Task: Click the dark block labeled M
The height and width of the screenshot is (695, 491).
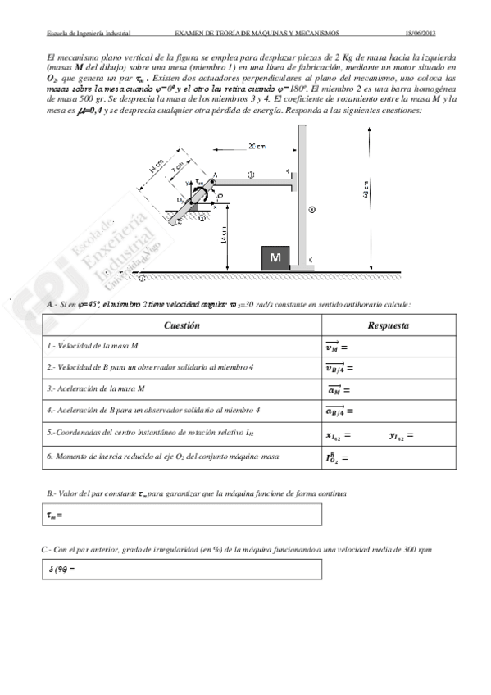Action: pos(275,257)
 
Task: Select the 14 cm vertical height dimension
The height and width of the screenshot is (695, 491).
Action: pos(223,239)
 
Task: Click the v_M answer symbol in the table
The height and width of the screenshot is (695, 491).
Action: pos(336,346)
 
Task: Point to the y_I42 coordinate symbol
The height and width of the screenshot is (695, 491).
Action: pos(401,434)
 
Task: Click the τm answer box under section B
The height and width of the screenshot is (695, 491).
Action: pos(181,515)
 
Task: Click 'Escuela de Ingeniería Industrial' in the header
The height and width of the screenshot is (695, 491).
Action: pos(89,34)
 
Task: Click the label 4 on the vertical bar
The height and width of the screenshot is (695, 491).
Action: pos(311,210)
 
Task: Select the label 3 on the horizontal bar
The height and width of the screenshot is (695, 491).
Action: pos(251,175)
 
